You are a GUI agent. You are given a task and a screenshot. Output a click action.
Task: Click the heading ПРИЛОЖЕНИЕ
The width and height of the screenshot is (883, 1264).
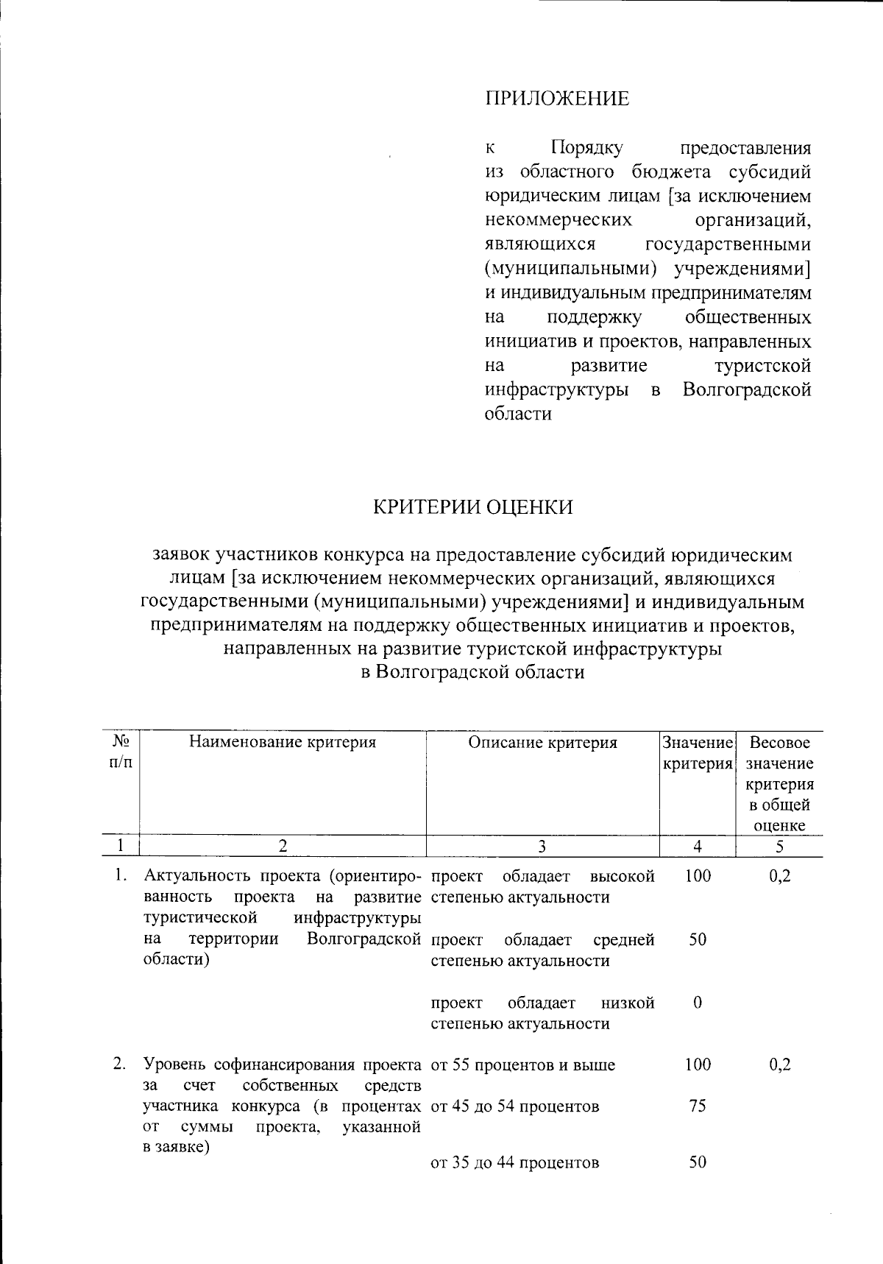pos(557,99)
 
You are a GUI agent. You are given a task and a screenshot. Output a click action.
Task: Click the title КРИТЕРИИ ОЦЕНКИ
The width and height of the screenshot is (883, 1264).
pos(472,508)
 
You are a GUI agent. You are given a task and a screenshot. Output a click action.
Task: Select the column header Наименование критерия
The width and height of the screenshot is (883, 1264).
pos(283,742)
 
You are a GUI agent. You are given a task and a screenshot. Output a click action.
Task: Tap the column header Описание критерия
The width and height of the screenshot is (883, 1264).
pos(543,742)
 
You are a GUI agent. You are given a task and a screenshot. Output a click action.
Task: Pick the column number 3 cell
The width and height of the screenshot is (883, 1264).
pos(542,847)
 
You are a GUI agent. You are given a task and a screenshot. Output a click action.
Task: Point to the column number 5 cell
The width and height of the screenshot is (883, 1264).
pos(779,847)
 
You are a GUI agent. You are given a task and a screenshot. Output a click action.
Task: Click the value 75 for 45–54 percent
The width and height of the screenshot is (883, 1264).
pos(698,1106)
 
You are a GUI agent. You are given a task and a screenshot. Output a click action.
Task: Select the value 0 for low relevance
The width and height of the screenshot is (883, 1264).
pos(698,1003)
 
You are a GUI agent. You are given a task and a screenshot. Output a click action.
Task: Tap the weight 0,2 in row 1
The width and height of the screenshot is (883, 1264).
pos(779,876)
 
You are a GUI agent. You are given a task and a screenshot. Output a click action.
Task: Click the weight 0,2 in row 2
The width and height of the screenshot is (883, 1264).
pos(779,1064)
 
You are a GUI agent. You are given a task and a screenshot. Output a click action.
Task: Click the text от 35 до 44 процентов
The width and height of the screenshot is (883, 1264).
pos(514,1163)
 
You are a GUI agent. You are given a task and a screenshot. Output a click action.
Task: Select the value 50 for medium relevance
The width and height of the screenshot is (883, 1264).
pos(698,939)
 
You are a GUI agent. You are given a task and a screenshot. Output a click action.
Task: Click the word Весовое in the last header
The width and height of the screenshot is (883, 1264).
pos(779,743)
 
